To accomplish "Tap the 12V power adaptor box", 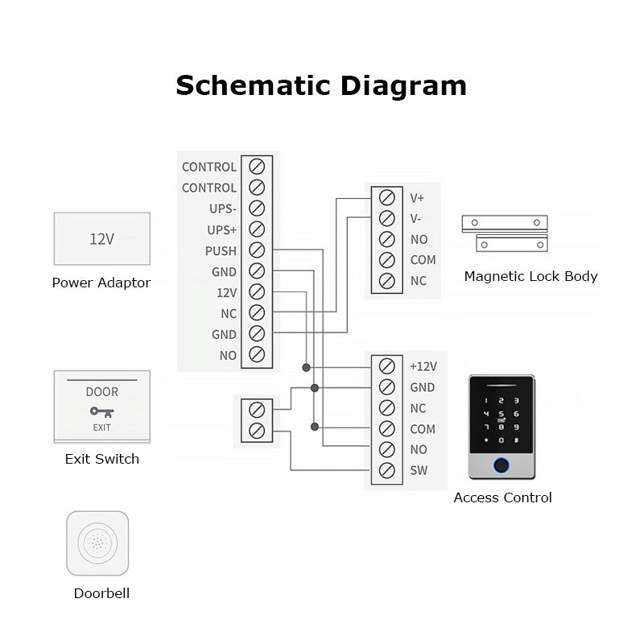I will click(101, 238).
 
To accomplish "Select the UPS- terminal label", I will click(222, 208).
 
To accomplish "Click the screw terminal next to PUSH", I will click(257, 250).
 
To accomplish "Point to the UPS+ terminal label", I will click(222, 229).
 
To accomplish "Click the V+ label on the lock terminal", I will click(417, 198).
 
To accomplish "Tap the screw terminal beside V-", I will click(386, 219).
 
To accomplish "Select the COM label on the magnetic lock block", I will click(423, 260).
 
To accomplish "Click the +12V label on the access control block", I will click(423, 366).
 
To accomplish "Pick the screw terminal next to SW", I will click(386, 471).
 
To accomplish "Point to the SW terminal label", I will click(419, 471).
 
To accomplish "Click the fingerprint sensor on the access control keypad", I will click(502, 465).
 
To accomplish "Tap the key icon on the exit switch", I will click(101, 412).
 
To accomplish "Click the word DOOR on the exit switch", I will click(101, 392).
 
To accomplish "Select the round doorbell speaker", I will click(97, 543).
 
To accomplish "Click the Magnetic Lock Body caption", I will click(530, 276).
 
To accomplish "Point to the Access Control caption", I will click(502, 497).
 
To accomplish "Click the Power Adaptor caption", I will click(101, 283).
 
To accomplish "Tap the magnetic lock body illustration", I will click(505, 232).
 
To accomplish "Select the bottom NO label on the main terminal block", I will click(228, 355).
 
